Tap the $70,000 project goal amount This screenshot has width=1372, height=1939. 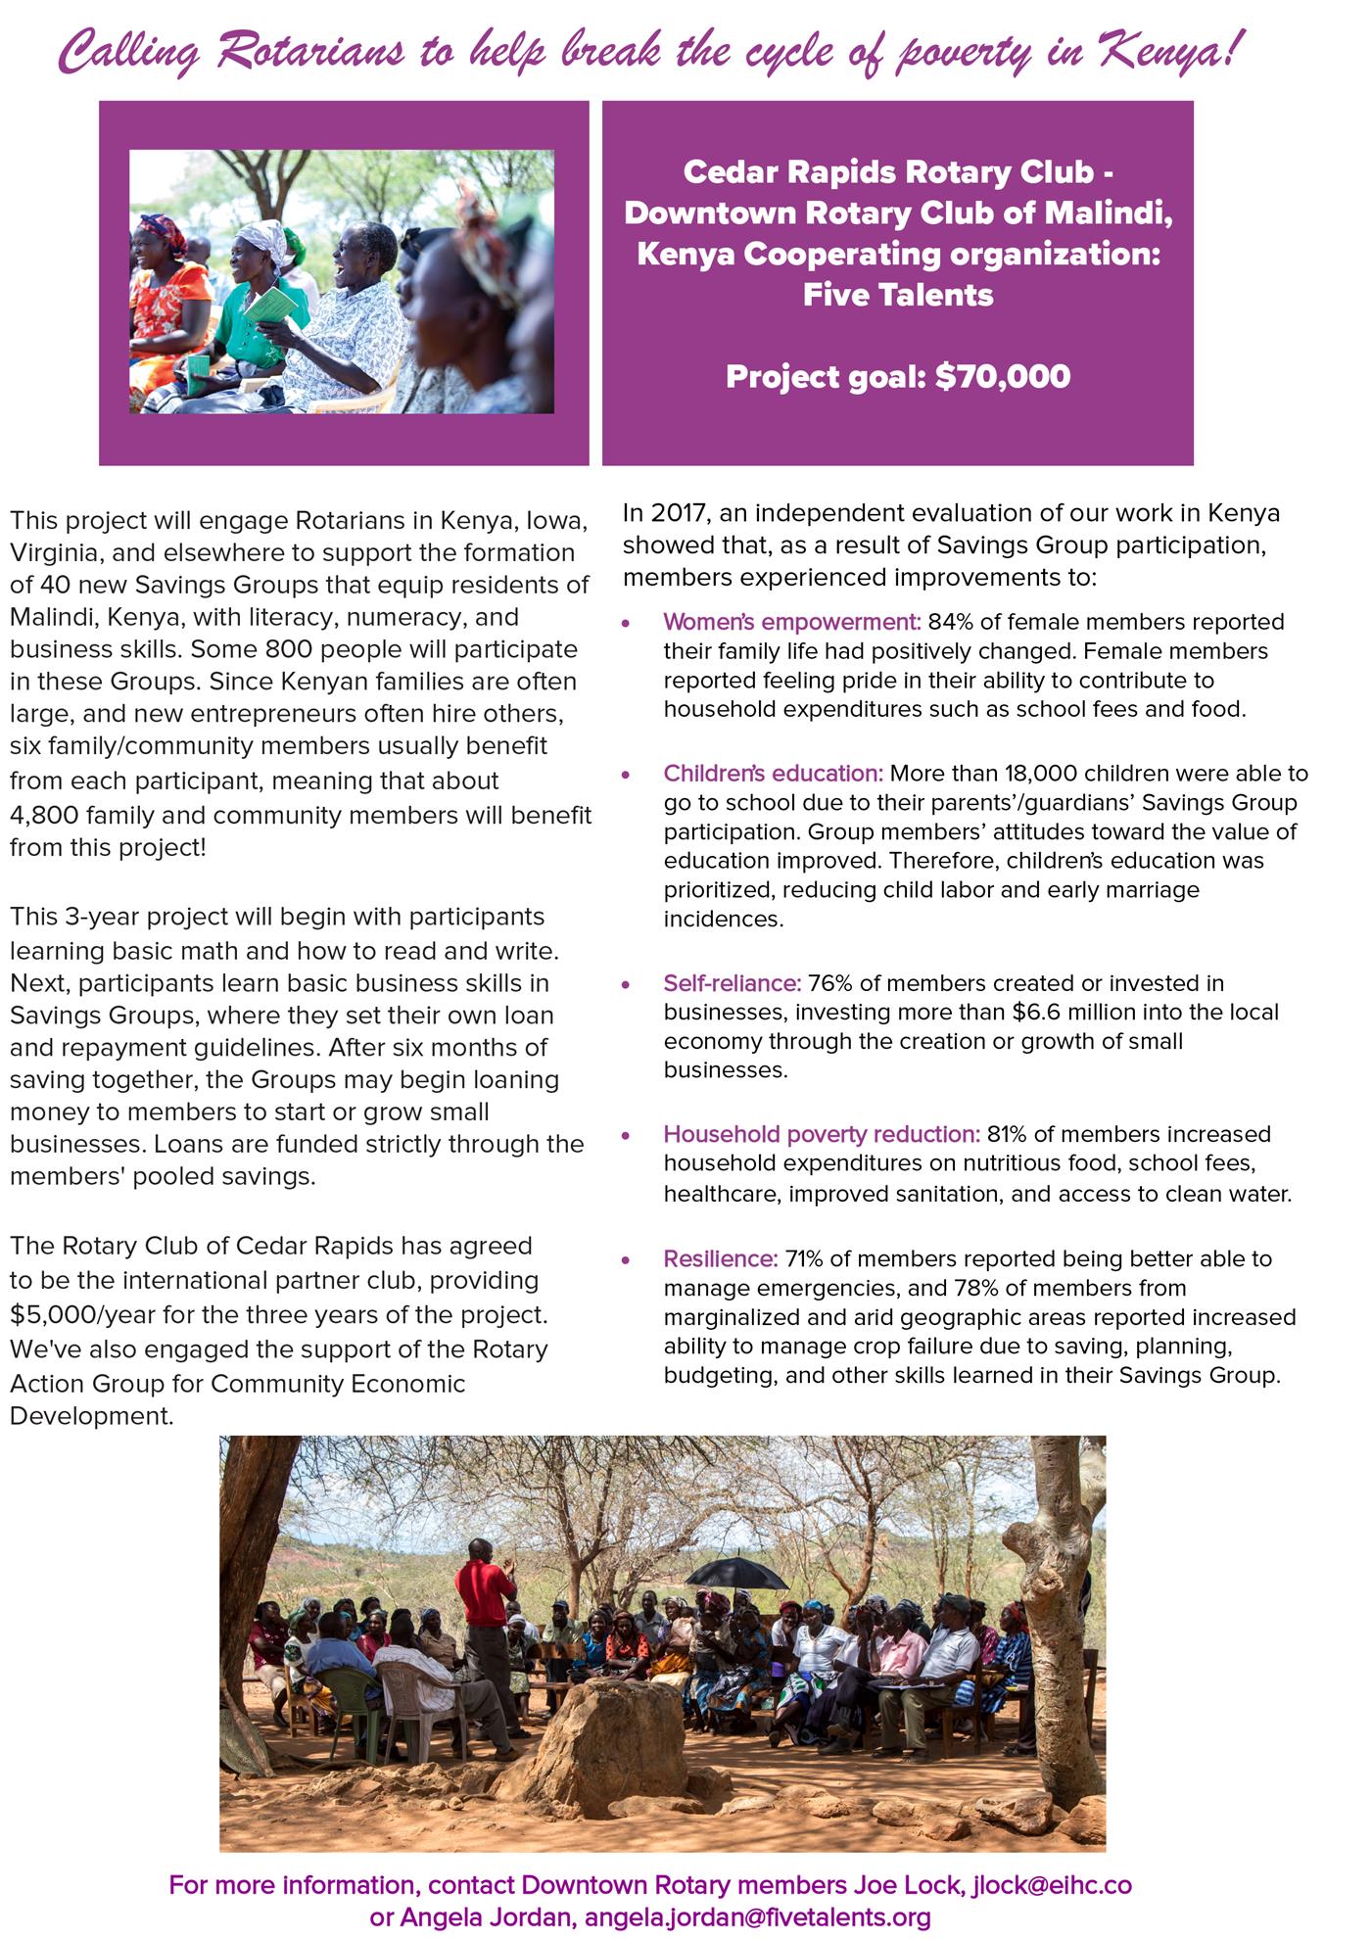(1003, 377)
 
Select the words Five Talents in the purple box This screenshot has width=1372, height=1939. (898, 295)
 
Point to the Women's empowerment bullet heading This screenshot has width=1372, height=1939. (792, 622)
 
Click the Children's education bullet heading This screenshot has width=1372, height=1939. (773, 774)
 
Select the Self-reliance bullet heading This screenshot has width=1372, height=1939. (733, 983)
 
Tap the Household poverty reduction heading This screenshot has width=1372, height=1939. (822, 1134)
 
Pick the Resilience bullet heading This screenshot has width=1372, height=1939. (721, 1259)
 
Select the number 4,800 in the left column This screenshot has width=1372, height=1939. (44, 815)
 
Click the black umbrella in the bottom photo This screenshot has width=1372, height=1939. (735, 1574)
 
